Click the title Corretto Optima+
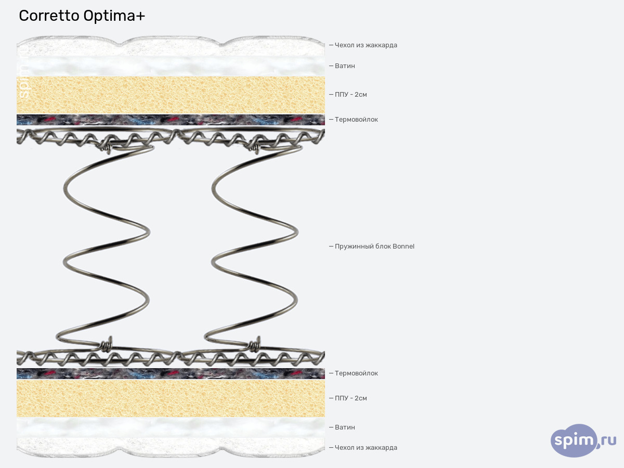tap(82, 16)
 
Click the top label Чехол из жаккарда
tap(366, 45)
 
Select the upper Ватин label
tap(345, 66)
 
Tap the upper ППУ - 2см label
tap(351, 94)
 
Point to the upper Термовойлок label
tap(356, 120)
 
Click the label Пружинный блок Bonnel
tap(374, 246)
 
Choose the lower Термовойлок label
tap(356, 373)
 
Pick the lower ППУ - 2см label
tap(351, 398)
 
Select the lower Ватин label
tap(345, 427)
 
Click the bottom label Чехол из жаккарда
tap(366, 448)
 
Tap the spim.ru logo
tap(583, 440)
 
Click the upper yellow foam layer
tap(171, 95)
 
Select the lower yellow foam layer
tap(171, 399)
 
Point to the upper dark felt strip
tap(171, 120)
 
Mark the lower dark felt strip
tap(171, 374)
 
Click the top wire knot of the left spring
tap(107, 148)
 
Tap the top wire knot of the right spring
tap(256, 148)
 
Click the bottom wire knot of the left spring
tap(107, 344)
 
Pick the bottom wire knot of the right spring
tap(255, 344)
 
